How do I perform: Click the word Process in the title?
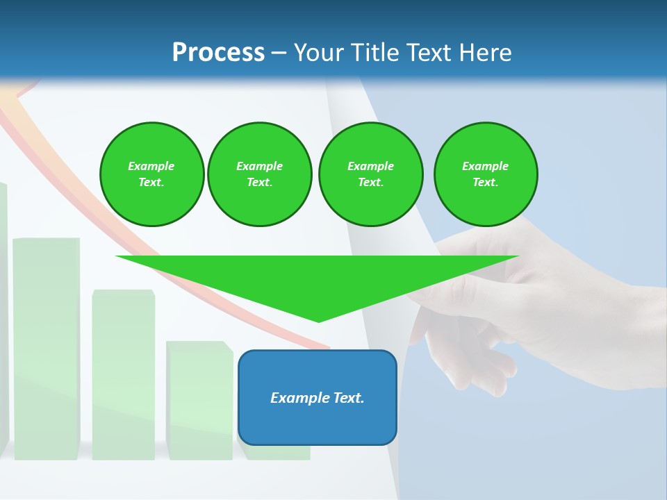point(218,53)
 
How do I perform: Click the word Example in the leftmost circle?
point(151,166)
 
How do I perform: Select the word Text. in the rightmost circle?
point(486,183)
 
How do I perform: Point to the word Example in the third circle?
point(370,166)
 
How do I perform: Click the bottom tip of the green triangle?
point(319,321)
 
